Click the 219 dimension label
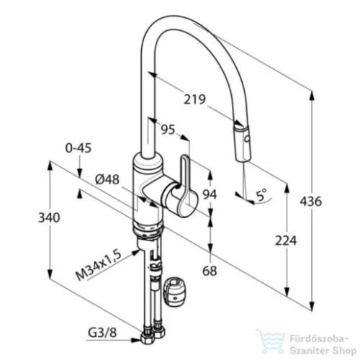[x=194, y=99]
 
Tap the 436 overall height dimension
[x=310, y=201]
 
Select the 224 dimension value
[x=286, y=240]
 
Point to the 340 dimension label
[x=49, y=217]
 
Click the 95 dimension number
[x=168, y=130]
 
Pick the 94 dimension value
[x=210, y=194]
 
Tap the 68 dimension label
[x=210, y=271]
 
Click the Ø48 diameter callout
[x=107, y=179]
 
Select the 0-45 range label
[x=78, y=148]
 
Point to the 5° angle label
[x=261, y=194]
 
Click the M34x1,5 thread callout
[x=99, y=265]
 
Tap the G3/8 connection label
[x=102, y=333]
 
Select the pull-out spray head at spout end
[x=242, y=143]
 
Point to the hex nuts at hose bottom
[x=153, y=336]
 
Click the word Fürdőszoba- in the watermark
[x=319, y=339]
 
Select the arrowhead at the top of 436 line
[x=312, y=96]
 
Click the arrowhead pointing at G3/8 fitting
[x=136, y=340]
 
